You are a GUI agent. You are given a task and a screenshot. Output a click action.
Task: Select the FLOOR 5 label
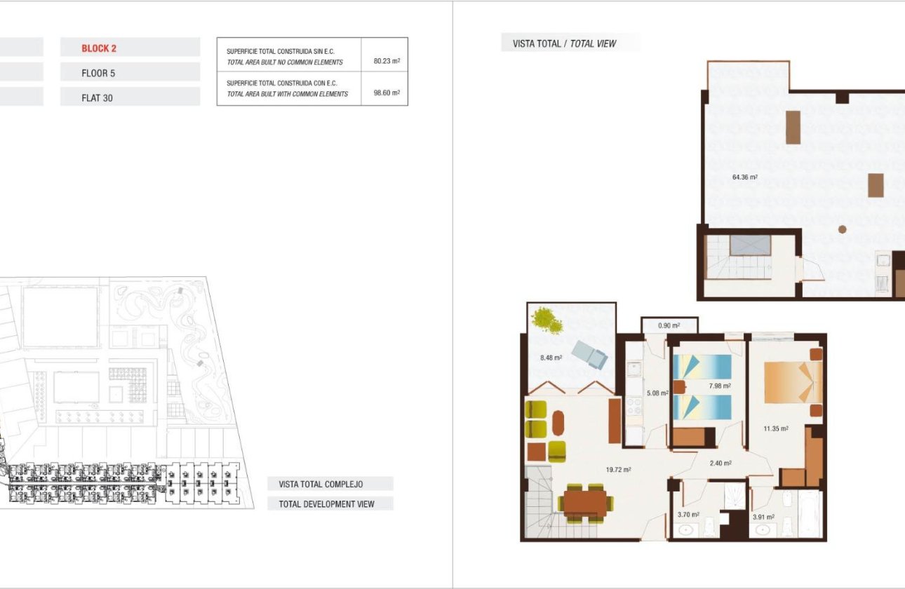[97, 73]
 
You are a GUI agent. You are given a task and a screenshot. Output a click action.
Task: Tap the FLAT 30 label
[97, 98]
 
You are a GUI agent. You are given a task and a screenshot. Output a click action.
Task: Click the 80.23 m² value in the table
[387, 61]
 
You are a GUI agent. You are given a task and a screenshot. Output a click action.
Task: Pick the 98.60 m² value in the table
[387, 93]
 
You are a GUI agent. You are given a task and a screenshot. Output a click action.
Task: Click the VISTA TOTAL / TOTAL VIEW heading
[564, 43]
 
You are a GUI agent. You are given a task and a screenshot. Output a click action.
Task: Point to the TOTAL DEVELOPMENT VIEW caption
[326, 504]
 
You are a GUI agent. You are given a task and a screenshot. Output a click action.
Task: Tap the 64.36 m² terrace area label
[744, 177]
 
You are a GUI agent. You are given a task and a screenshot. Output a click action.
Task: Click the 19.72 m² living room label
[618, 470]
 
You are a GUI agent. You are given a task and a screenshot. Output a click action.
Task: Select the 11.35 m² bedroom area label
[776, 428]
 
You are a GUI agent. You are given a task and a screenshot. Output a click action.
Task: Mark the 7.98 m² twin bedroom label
[719, 386]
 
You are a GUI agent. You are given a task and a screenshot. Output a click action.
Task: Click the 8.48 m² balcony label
[551, 358]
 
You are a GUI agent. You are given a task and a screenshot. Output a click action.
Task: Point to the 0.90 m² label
[669, 325]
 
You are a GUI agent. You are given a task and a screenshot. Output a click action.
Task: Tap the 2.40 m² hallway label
[720, 463]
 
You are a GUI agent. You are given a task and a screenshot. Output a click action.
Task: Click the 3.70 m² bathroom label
[689, 515]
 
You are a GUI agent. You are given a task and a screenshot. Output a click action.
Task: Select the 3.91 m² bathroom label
[763, 517]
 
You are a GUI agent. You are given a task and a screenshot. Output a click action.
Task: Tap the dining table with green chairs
[585, 502]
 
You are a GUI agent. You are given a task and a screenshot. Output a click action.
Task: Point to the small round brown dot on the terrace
[842, 229]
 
